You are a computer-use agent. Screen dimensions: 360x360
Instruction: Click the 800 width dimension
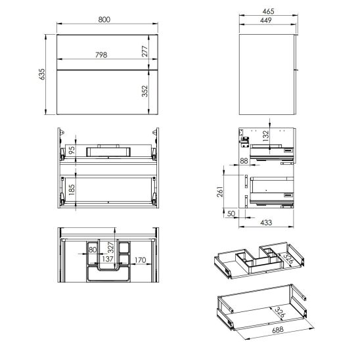click(x=104, y=20)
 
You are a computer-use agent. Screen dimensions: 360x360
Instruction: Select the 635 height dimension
click(x=42, y=74)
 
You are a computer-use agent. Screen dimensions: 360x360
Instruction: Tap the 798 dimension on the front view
click(x=101, y=55)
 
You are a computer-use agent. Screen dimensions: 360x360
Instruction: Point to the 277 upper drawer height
click(x=145, y=51)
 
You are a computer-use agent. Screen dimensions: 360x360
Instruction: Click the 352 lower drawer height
click(x=145, y=91)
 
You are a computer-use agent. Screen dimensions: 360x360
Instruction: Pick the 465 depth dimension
click(x=268, y=11)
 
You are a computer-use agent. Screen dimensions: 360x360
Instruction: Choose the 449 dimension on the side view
click(x=266, y=20)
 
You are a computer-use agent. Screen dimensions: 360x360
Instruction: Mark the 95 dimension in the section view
click(x=72, y=150)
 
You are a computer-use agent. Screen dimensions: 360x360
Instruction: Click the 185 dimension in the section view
click(x=72, y=190)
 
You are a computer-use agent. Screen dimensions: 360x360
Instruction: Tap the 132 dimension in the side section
click(x=265, y=136)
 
